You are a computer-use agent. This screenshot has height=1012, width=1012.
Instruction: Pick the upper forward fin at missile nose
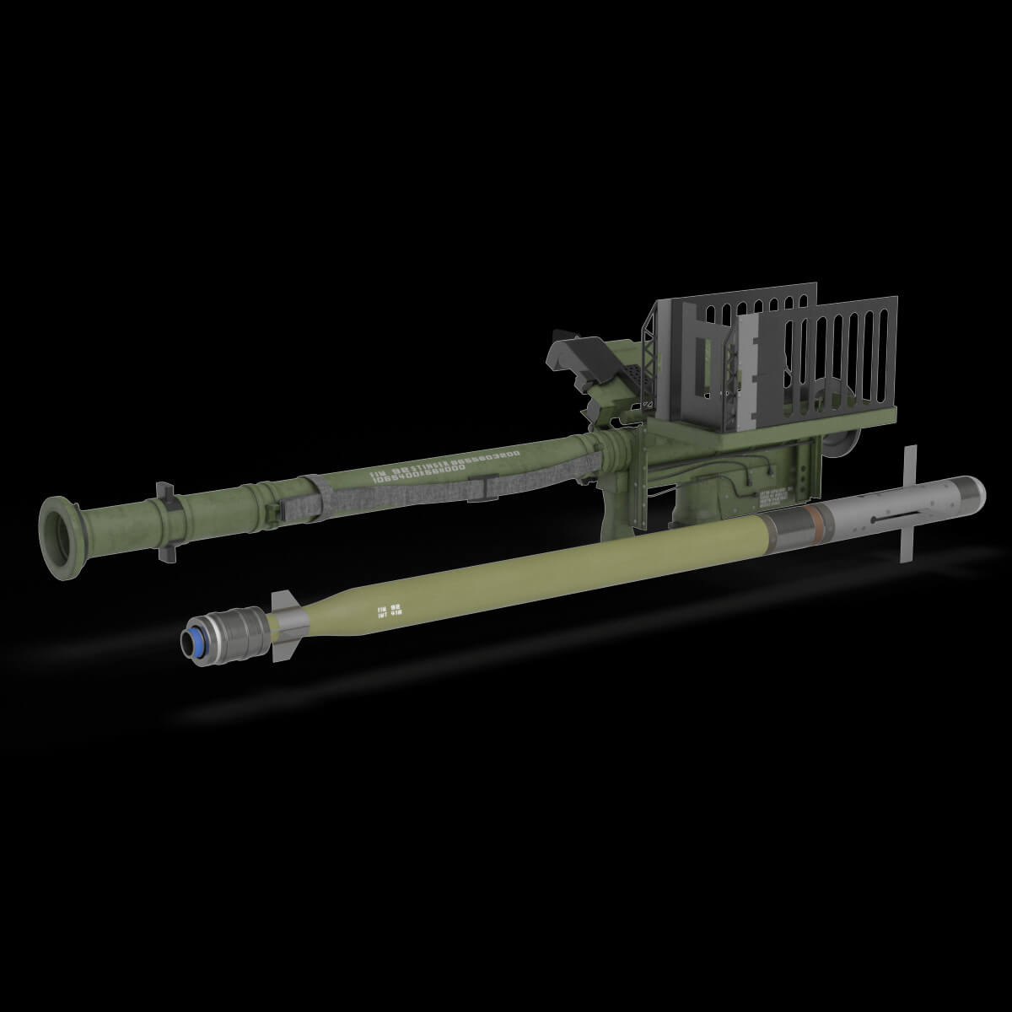point(907,463)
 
